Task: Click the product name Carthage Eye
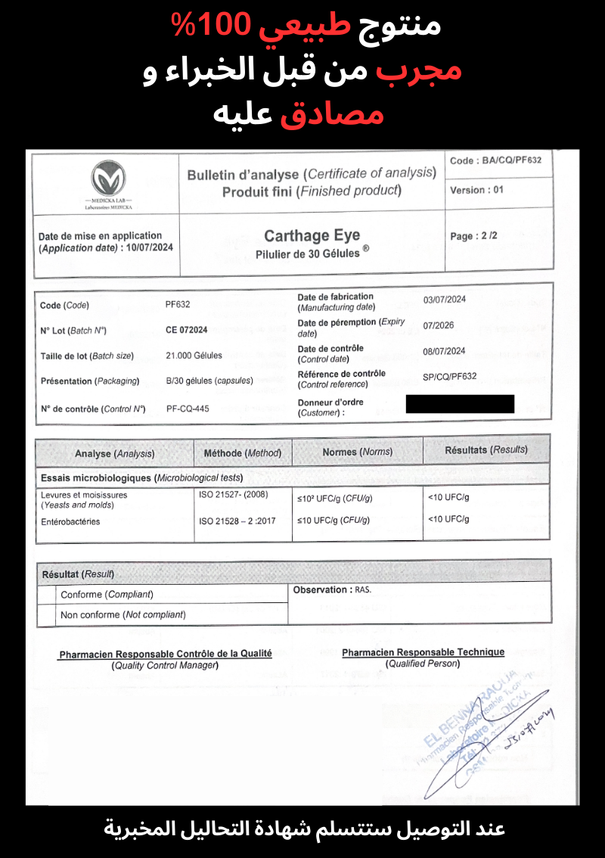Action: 312,236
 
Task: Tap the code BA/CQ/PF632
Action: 495,160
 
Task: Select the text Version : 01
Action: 476,190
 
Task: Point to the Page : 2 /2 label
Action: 474,236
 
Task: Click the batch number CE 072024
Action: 186,330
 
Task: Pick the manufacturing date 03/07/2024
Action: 444,300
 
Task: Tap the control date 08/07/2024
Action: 444,351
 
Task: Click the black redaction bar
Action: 460,404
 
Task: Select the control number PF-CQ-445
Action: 188,409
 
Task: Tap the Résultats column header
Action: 486,449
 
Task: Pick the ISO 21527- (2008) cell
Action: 234,495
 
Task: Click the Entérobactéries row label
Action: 70,521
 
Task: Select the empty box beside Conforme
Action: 48,595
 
